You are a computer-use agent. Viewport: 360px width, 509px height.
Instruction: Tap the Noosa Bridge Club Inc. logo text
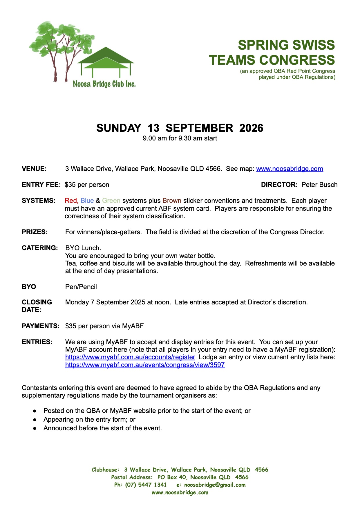point(104,84)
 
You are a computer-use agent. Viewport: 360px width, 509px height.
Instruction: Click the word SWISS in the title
point(311,45)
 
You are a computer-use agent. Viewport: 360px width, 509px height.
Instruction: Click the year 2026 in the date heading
point(251,128)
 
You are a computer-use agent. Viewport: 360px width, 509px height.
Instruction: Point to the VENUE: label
point(34,169)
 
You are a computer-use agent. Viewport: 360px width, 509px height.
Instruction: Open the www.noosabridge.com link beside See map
point(290,169)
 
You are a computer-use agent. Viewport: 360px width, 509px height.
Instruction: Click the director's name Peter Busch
point(319,185)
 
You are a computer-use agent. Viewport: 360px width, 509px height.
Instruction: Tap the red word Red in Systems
point(71,201)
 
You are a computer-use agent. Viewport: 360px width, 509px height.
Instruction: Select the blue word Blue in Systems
point(87,201)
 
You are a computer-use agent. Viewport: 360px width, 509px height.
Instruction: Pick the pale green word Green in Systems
point(111,201)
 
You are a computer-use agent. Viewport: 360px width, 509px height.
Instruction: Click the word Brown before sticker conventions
point(172,201)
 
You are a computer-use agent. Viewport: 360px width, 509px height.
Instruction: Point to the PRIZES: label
point(35,232)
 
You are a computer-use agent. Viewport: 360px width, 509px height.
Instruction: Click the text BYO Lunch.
point(83,248)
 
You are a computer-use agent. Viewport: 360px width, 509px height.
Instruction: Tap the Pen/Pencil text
point(81,287)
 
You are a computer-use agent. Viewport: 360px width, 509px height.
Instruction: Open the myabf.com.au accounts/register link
point(130,357)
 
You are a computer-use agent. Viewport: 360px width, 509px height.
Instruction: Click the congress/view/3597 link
point(145,365)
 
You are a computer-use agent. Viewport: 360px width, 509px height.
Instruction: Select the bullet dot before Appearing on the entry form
point(35,420)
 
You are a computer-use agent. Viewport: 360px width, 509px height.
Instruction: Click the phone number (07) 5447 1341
point(146,485)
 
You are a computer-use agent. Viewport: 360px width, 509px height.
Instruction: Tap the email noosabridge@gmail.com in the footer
point(215,485)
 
